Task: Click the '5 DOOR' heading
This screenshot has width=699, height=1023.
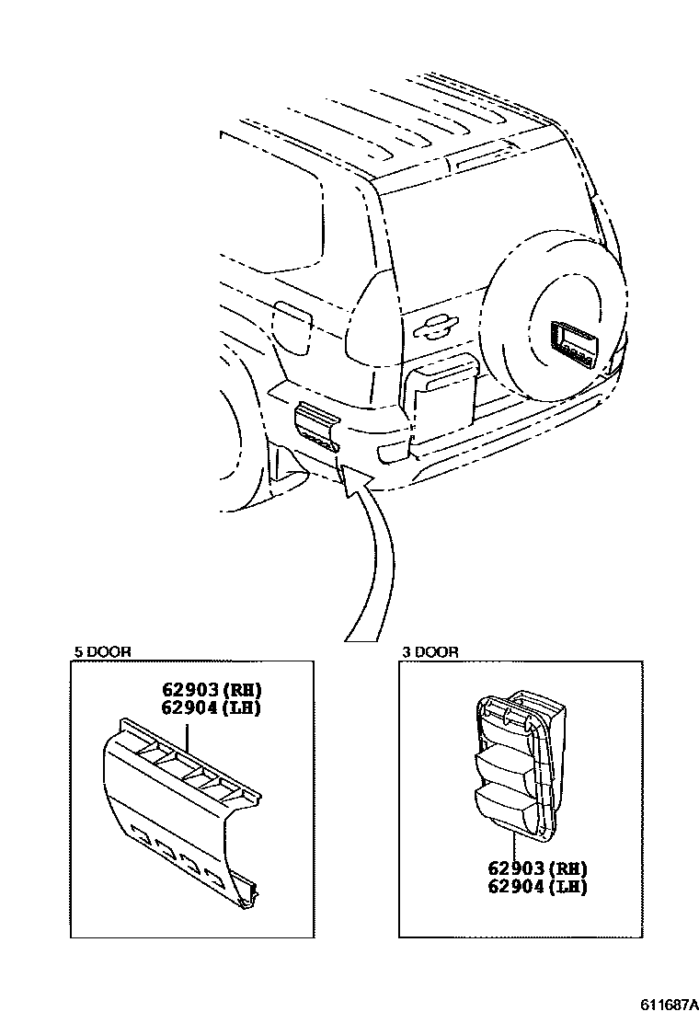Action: point(102,651)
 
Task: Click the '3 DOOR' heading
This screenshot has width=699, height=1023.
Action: point(430,651)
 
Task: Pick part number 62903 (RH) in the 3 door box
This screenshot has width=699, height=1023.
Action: point(537,868)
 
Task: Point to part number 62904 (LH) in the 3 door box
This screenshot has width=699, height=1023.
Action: point(537,887)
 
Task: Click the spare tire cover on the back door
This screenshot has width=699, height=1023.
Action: point(552,322)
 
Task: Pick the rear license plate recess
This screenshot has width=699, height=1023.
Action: point(441,399)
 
